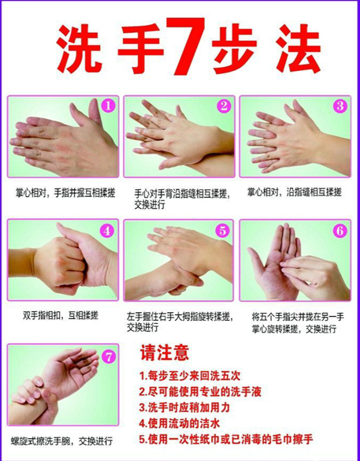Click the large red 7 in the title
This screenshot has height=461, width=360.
pos(185,46)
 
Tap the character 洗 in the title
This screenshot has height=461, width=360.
pos(79,49)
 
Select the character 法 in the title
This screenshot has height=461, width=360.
pos(298,49)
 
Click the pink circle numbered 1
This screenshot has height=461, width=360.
pos(108,106)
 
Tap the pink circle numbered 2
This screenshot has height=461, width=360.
pos(224,106)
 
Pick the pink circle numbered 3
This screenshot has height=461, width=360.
pos(340,106)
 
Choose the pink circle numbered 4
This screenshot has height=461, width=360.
pos(107,231)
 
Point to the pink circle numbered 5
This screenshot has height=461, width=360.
pos(223,231)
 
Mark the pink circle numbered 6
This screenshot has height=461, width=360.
pos(340,231)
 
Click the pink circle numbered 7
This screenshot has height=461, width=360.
pos(109,357)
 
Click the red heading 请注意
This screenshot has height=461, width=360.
pos(165,352)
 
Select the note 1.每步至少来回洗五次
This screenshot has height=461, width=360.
pos(190,376)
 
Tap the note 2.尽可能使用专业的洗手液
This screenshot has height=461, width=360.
pos(200,392)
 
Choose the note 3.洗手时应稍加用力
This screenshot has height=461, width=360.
pos(184,407)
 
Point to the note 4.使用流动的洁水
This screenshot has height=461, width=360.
pos(180,424)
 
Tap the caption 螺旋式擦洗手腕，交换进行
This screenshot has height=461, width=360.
pos(61,441)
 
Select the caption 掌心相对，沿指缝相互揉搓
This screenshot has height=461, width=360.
pos(294,192)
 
